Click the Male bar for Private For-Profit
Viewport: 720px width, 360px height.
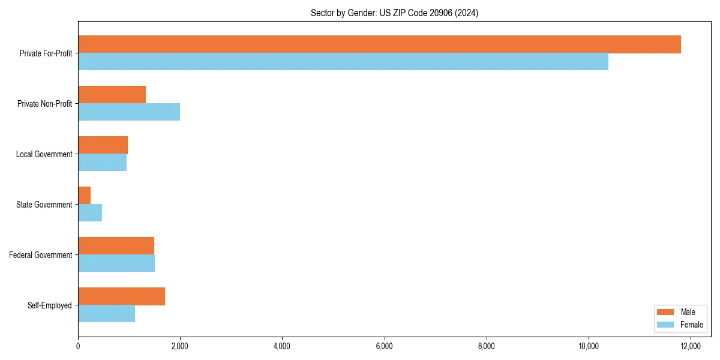[379, 44]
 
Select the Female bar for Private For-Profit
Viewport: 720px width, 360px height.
[343, 62]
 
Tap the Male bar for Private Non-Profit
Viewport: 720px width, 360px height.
[112, 95]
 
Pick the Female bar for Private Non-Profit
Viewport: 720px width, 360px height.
[129, 112]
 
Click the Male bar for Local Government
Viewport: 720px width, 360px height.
[103, 145]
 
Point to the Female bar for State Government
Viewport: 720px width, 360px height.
[90, 213]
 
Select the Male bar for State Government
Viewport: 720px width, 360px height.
[85, 196]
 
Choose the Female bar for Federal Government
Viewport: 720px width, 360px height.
[116, 263]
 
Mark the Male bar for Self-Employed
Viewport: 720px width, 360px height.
[122, 296]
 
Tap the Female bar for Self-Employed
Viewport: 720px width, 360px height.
[107, 314]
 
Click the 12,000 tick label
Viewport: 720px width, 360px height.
[691, 346]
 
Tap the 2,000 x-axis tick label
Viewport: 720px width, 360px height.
[180, 346]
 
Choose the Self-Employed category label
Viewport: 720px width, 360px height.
[50, 305]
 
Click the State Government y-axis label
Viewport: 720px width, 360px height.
[44, 205]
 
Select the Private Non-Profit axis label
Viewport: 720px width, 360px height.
[44, 104]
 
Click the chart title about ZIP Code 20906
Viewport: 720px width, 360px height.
[394, 13]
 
